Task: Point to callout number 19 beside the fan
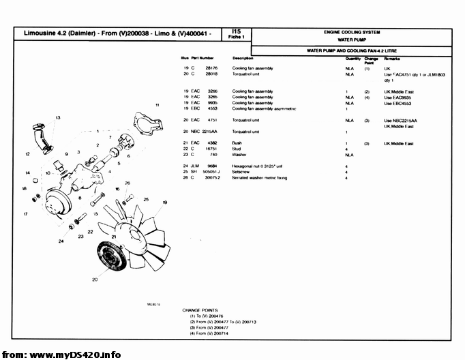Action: click(x=165, y=202)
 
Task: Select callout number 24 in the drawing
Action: click(x=61, y=241)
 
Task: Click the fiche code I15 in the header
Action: click(x=236, y=31)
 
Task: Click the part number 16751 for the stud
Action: click(x=211, y=149)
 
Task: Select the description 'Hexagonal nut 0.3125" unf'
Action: click(x=257, y=166)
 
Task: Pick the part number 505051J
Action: click(x=211, y=172)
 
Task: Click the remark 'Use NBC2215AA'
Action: click(x=400, y=120)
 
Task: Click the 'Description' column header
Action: click(x=243, y=59)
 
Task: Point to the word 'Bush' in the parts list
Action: click(x=237, y=143)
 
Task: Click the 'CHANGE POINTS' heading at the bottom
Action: click(x=200, y=310)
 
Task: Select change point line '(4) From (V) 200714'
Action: click(x=210, y=333)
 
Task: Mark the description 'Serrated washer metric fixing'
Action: click(x=260, y=178)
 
